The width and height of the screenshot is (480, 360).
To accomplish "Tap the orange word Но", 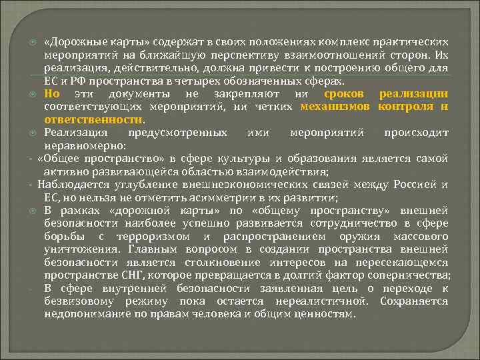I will click(x=52, y=93).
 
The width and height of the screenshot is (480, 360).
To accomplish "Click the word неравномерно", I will click(x=80, y=145).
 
